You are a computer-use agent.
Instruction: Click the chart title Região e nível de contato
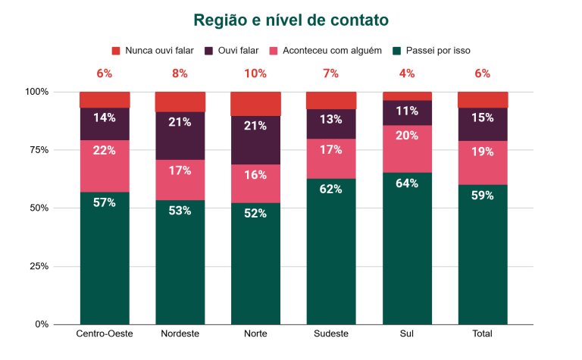291,20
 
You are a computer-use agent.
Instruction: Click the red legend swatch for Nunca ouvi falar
116,51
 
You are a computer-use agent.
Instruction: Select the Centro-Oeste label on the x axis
104,334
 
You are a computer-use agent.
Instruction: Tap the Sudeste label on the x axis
331,334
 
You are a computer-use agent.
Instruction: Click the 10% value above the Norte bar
255,74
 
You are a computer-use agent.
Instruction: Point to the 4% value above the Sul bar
407,74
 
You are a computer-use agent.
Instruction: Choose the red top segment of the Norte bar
255,103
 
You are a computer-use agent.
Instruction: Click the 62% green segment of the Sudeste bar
331,251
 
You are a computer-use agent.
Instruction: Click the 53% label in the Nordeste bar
180,210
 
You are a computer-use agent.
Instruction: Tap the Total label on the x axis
483,334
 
